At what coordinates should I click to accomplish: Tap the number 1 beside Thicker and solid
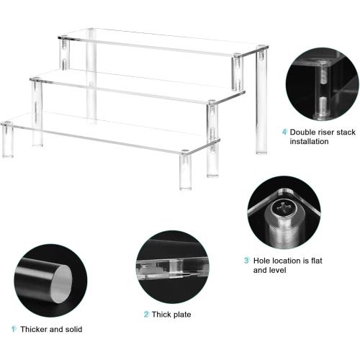pyautogui.click(x=13, y=329)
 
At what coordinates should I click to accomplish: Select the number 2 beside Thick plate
pyautogui.click(x=145, y=315)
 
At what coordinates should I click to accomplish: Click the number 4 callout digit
pyautogui.click(x=284, y=132)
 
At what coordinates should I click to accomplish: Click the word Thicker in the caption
pyautogui.click(x=33, y=329)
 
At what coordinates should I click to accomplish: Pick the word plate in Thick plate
pyautogui.click(x=183, y=315)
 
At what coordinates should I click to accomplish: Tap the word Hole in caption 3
pyautogui.click(x=261, y=260)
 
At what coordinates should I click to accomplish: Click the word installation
pyautogui.click(x=310, y=142)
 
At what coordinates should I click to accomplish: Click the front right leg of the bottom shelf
pyautogui.click(x=186, y=171)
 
